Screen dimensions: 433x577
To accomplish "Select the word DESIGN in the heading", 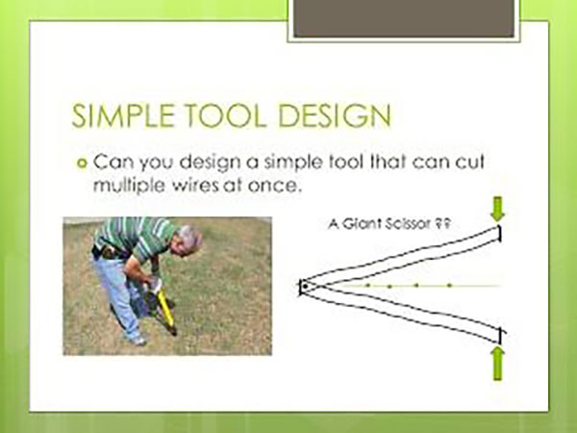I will pyautogui.click(x=333, y=117).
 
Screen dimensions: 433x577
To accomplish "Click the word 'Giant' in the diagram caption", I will pyautogui.click(x=370, y=227).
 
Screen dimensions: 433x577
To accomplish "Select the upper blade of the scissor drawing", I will pyautogui.click(x=404, y=256).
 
